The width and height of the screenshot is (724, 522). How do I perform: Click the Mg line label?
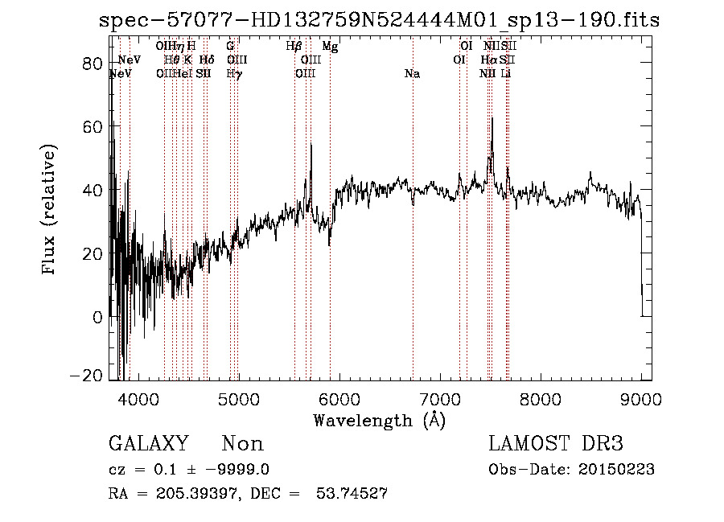(330, 47)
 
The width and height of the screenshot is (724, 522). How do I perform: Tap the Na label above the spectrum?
(412, 74)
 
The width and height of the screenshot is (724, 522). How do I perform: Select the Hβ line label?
(294, 47)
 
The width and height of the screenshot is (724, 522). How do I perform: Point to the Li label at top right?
(506, 74)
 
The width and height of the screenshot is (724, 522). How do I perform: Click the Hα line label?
(489, 60)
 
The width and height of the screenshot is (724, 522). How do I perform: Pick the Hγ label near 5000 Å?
(233, 74)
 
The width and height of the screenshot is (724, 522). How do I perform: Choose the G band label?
(230, 47)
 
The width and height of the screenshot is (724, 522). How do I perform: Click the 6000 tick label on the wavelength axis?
(339, 398)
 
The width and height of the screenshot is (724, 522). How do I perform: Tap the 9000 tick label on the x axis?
(641, 398)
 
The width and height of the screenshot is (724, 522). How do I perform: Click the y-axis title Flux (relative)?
(50, 209)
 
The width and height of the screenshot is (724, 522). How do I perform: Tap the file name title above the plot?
(379, 20)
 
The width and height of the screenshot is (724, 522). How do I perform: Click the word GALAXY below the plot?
(148, 444)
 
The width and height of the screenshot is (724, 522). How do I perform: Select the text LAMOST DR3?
(556, 444)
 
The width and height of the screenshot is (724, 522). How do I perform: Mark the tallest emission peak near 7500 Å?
(492, 119)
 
